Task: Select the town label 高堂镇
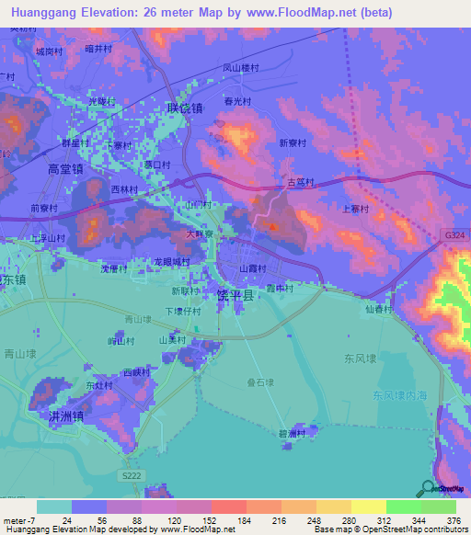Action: (x=65, y=168)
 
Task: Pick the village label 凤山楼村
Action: (x=242, y=67)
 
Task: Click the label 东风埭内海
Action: (x=401, y=395)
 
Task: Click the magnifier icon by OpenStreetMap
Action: (x=428, y=488)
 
